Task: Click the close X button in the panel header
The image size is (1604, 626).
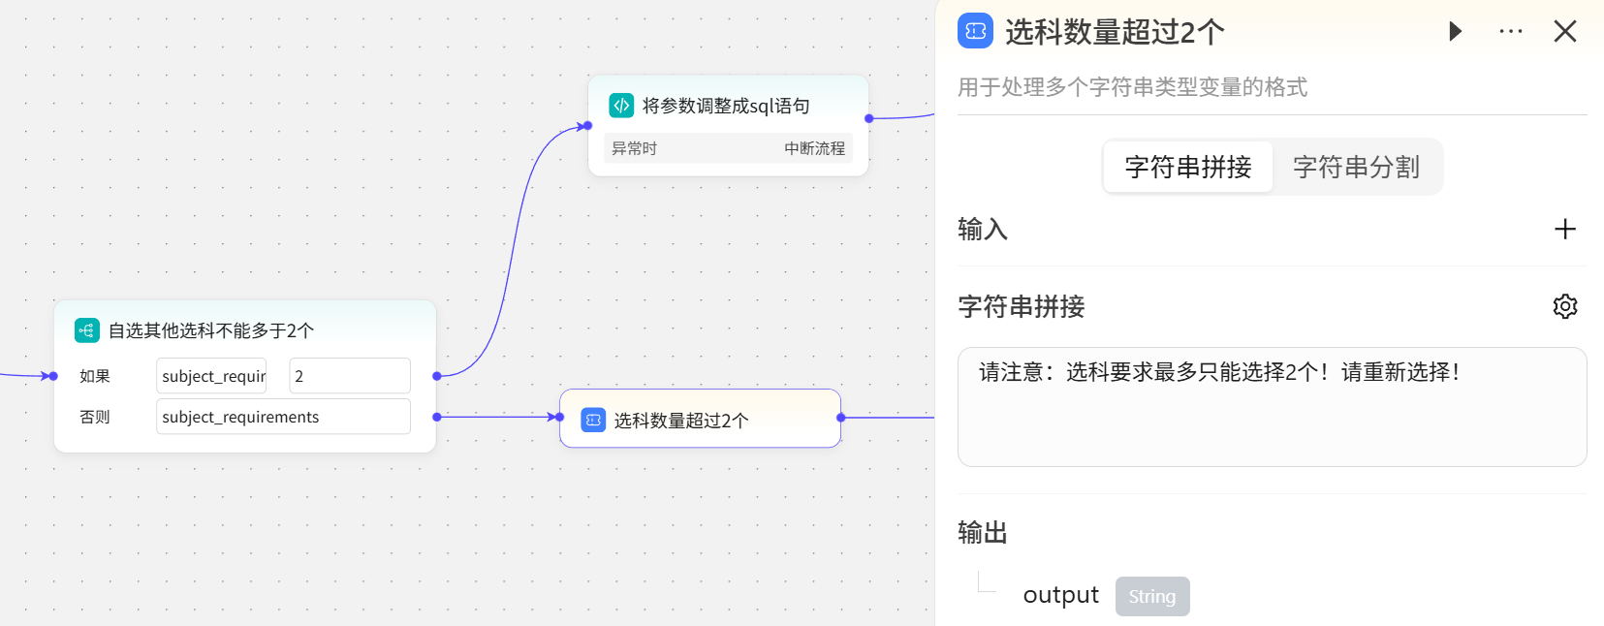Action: coord(1564,32)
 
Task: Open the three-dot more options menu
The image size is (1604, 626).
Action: coord(1510,32)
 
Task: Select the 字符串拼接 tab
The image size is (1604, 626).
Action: coord(1188,167)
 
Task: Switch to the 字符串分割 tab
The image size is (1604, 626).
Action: coord(1356,167)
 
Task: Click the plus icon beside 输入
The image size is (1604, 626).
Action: coord(1564,229)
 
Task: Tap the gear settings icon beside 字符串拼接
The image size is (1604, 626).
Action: coord(1564,306)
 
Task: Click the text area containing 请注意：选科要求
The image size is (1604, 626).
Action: coord(1272,407)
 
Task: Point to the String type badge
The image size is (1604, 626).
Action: coord(1151,596)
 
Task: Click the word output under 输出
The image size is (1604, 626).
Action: coord(1060,595)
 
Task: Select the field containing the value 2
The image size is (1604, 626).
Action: coord(349,376)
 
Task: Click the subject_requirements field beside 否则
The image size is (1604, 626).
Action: coord(283,417)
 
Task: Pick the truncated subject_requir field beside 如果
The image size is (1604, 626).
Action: coord(211,376)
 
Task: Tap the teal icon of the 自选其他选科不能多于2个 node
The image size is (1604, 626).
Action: coord(86,330)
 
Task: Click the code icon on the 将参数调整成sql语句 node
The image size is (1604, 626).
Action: coord(621,106)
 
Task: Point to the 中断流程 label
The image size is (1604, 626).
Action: coord(814,148)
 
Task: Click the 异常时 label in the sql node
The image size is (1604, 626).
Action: coord(634,148)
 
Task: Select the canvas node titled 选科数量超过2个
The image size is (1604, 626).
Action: coord(700,420)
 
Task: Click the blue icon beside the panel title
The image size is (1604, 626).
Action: coord(975,31)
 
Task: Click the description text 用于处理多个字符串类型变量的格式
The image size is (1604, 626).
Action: coord(1132,87)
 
